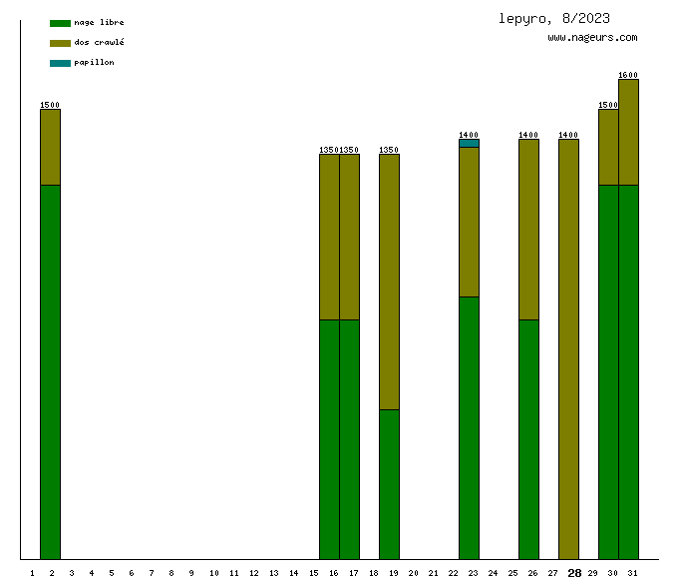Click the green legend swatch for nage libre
60,23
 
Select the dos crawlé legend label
99,43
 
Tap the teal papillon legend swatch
60,63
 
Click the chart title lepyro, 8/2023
554,18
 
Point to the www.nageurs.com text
592,38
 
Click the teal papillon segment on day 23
469,143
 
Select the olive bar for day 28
568,349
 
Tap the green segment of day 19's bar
389,484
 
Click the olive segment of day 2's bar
50,147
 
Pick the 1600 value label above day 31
628,75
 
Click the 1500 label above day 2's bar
50,105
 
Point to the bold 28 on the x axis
574,573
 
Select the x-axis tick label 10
213,573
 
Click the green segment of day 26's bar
528,439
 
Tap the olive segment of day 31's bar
628,132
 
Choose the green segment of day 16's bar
329,439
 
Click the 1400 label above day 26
528,135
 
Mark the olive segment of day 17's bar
349,237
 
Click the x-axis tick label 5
112,573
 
